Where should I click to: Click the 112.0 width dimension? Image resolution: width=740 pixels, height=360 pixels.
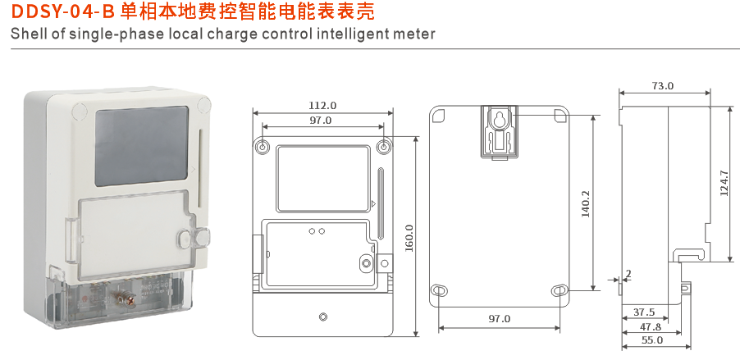pos(322,105)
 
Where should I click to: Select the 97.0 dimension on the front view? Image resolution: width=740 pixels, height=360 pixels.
pos(321,121)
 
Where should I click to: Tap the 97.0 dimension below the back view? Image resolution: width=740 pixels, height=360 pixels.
pos(499,318)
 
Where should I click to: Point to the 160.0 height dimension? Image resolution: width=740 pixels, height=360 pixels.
pos(409,239)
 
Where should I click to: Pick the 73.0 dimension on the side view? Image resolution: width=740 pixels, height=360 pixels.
pos(662,85)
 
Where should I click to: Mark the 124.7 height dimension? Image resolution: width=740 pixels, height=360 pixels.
pos(723,183)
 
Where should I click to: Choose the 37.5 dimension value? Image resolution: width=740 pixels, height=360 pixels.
pos(644,312)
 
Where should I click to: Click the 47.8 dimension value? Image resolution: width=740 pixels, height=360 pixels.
pos(650,326)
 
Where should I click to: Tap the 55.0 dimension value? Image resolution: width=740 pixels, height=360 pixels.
pos(652,339)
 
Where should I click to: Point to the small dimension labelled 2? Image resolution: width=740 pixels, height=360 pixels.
pos(628,273)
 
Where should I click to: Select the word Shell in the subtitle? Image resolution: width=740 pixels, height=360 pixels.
pos(28,34)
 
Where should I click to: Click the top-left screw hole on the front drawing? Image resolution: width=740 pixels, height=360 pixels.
pos(262,147)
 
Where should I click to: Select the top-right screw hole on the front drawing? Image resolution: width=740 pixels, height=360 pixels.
pos(384,147)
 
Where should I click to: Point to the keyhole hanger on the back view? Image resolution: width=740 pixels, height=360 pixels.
pos(498,121)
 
